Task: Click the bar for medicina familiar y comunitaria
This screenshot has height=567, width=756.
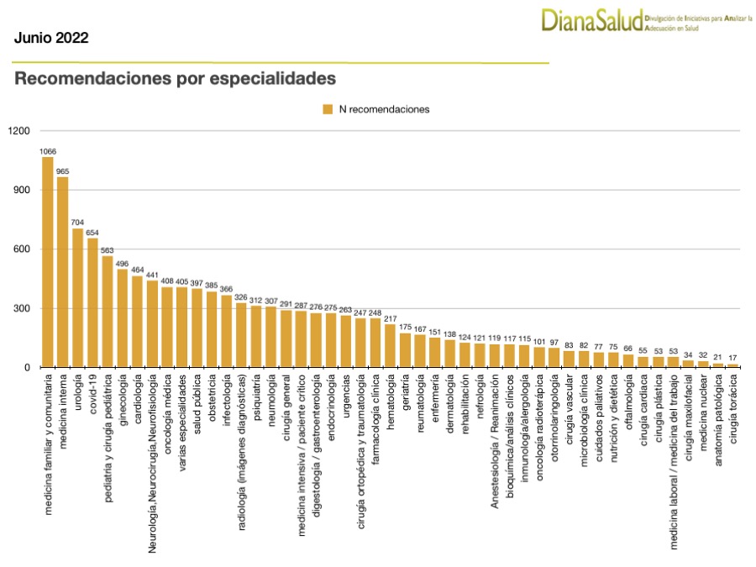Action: click(x=48, y=262)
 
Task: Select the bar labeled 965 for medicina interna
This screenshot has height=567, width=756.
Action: click(x=63, y=272)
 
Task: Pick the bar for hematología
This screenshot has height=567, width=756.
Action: click(x=390, y=345)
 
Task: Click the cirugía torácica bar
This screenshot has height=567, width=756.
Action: click(x=732, y=365)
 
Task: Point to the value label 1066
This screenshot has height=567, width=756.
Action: click(x=48, y=151)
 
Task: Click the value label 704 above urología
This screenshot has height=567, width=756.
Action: click(x=77, y=223)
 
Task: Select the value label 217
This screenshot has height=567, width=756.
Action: click(x=390, y=318)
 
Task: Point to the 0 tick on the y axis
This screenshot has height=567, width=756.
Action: click(x=26, y=368)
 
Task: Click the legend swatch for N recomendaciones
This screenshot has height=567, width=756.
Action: click(x=328, y=109)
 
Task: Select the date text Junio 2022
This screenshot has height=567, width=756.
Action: click(x=51, y=38)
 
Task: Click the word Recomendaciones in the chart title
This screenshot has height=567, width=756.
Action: click(x=87, y=79)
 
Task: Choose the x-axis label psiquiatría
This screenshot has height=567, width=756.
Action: click(x=256, y=403)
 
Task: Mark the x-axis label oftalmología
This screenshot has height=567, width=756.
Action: click(x=628, y=407)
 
